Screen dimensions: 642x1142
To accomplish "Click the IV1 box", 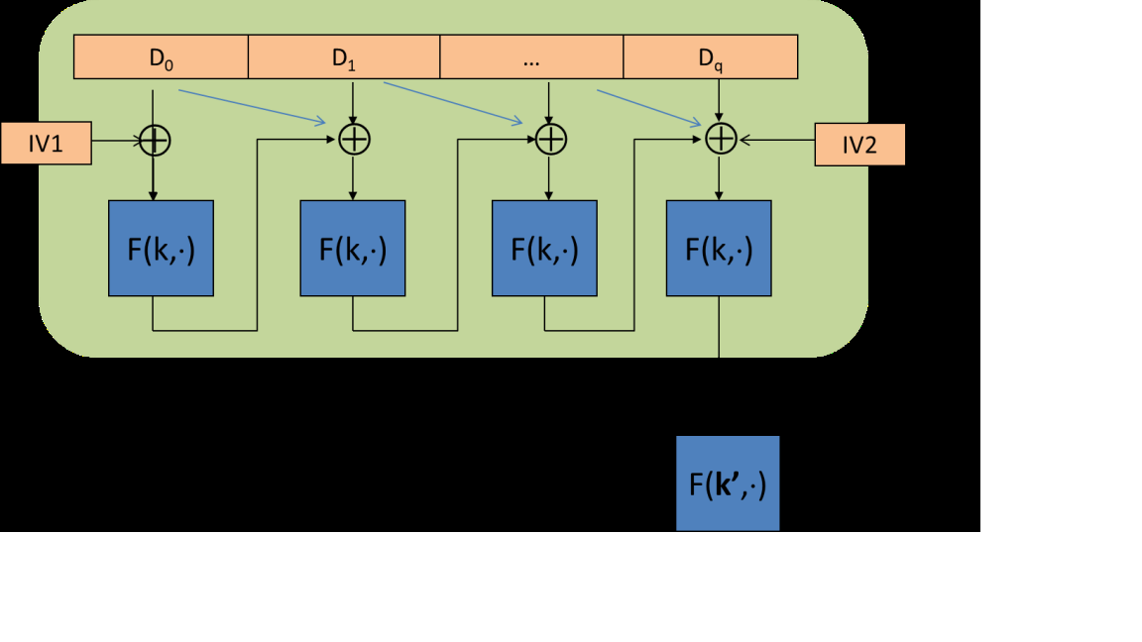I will tap(46, 144).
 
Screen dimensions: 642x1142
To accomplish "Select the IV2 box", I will tap(859, 145).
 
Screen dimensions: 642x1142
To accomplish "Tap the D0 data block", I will tap(161, 57).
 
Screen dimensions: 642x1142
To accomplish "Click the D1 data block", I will tap(343, 57).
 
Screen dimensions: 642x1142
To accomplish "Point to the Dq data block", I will tap(710, 57).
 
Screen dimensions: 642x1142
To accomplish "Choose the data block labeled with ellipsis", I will tap(530, 57).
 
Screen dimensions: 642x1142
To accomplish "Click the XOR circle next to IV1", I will tap(154, 141).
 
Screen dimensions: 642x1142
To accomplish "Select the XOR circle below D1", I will tap(354, 141).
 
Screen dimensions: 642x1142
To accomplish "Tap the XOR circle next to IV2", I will tap(720, 141).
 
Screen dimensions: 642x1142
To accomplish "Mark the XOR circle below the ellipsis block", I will tap(550, 141).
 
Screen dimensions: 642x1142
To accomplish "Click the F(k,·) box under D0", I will tap(161, 248).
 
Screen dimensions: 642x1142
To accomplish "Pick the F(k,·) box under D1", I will tap(353, 248).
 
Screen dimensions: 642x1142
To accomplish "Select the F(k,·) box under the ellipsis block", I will tap(545, 248).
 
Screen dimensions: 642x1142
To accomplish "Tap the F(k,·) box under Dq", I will tap(719, 248).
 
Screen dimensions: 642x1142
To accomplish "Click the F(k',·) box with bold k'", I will tap(728, 483).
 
